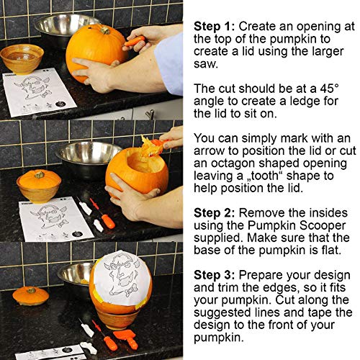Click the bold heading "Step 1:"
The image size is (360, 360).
[214, 27]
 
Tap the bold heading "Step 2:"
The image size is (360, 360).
[214, 213]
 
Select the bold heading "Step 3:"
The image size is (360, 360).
[214, 275]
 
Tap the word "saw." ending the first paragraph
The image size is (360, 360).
[205, 64]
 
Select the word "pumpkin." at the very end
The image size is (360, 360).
[219, 338]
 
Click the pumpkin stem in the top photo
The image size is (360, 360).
[105, 30]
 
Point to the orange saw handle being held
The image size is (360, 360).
[135, 41]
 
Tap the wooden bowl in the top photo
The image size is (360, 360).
[22, 59]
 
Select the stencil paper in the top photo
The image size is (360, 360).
[39, 92]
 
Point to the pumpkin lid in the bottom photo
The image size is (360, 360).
[31, 296]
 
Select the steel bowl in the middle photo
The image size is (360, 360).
[88, 153]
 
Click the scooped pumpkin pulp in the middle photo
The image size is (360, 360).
[150, 147]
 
